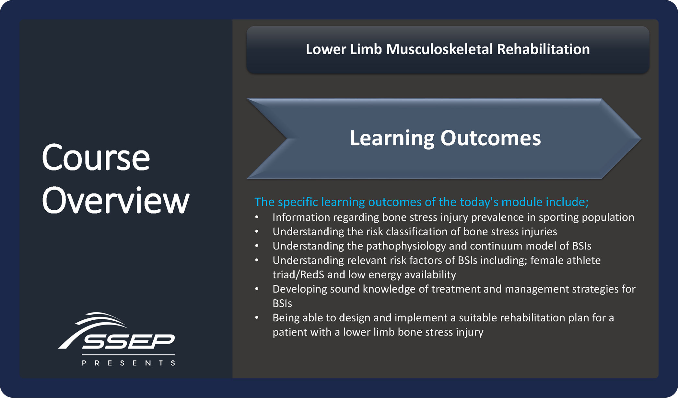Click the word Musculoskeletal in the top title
pos(439,50)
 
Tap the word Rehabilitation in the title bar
pos(543,50)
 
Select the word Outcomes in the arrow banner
pos(490,138)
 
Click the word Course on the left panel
pos(96,158)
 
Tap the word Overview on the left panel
pos(116,200)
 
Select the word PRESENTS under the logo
pos(129,363)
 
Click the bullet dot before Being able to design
pos(257,318)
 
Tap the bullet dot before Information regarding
pos(257,217)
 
